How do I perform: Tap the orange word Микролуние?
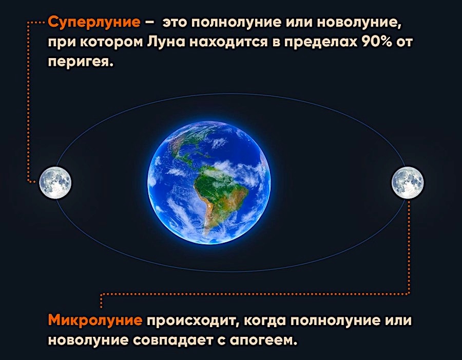[95, 320]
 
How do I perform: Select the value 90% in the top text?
[377, 42]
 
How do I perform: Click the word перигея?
[81, 62]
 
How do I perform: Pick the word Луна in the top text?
[166, 42]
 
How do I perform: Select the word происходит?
[192, 321]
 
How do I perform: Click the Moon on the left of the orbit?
[55, 183]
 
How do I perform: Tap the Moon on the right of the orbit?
[408, 183]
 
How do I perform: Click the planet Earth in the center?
[208, 183]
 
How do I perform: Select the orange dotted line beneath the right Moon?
[255, 294]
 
